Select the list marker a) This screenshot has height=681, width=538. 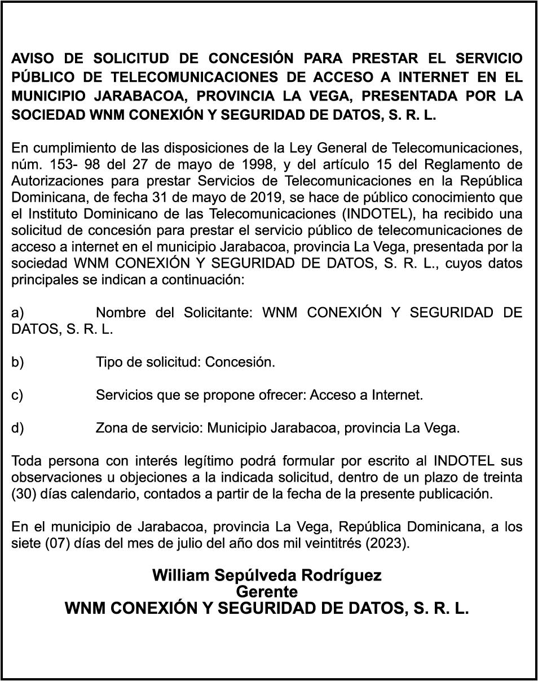[18, 313]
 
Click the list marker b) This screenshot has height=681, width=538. [18, 362]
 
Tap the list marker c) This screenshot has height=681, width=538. [17, 395]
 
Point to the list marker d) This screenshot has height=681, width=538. [18, 428]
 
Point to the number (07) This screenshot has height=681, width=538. [55, 544]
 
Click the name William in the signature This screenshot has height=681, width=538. [179, 575]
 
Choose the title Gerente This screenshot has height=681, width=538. [267, 592]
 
